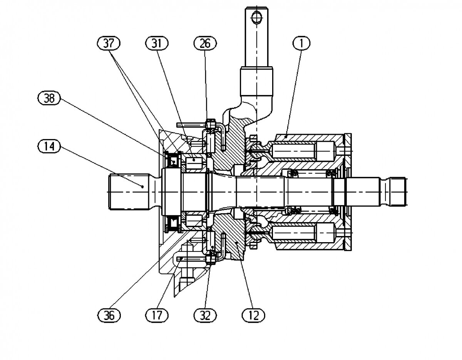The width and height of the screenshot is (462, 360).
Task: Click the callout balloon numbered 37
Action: point(109,44)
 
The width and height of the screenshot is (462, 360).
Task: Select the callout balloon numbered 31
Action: point(157,44)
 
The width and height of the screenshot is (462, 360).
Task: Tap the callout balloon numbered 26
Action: point(205,44)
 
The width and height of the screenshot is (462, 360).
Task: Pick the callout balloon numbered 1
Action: point(301,44)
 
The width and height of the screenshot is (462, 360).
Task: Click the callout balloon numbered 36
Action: point(109,315)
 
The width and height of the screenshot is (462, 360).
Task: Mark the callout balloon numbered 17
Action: point(157,315)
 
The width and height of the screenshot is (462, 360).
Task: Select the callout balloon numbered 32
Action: point(205,315)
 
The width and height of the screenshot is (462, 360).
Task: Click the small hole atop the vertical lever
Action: point(256,17)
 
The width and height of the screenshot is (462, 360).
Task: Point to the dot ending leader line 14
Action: point(142,187)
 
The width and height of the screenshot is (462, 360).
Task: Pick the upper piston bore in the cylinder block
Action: point(304,151)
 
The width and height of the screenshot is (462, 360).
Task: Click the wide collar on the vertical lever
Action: point(256,80)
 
